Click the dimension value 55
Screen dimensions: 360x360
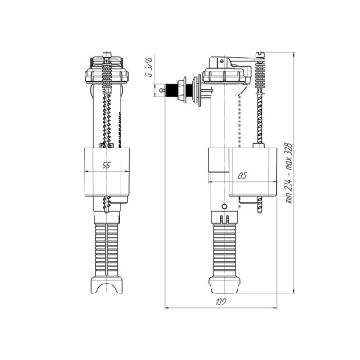(x=106, y=166)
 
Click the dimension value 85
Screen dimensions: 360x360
(x=242, y=175)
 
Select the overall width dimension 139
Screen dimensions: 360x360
(x=220, y=301)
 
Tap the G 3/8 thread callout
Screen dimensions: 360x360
(x=149, y=67)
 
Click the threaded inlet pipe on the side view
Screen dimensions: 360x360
(x=172, y=90)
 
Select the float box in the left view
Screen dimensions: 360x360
(x=106, y=172)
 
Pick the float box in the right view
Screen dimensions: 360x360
(x=253, y=171)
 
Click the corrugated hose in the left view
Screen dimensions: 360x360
(x=106, y=249)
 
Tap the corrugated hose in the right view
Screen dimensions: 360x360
(x=224, y=250)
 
